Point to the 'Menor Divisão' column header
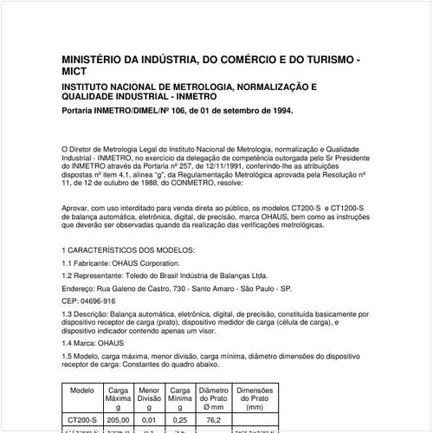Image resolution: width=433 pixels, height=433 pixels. click(x=149, y=397)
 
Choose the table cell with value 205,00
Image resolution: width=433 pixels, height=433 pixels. click(x=117, y=419)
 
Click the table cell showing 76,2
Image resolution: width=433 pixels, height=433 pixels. click(x=214, y=419)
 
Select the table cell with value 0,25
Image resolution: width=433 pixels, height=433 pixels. click(x=181, y=419)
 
